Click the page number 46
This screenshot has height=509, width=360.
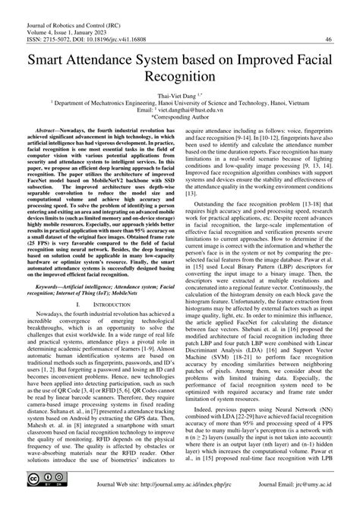point(328,40)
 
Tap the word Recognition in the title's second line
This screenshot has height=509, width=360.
point(180,77)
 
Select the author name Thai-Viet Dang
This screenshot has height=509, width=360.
point(177,95)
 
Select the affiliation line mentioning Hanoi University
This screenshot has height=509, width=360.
point(180,103)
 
